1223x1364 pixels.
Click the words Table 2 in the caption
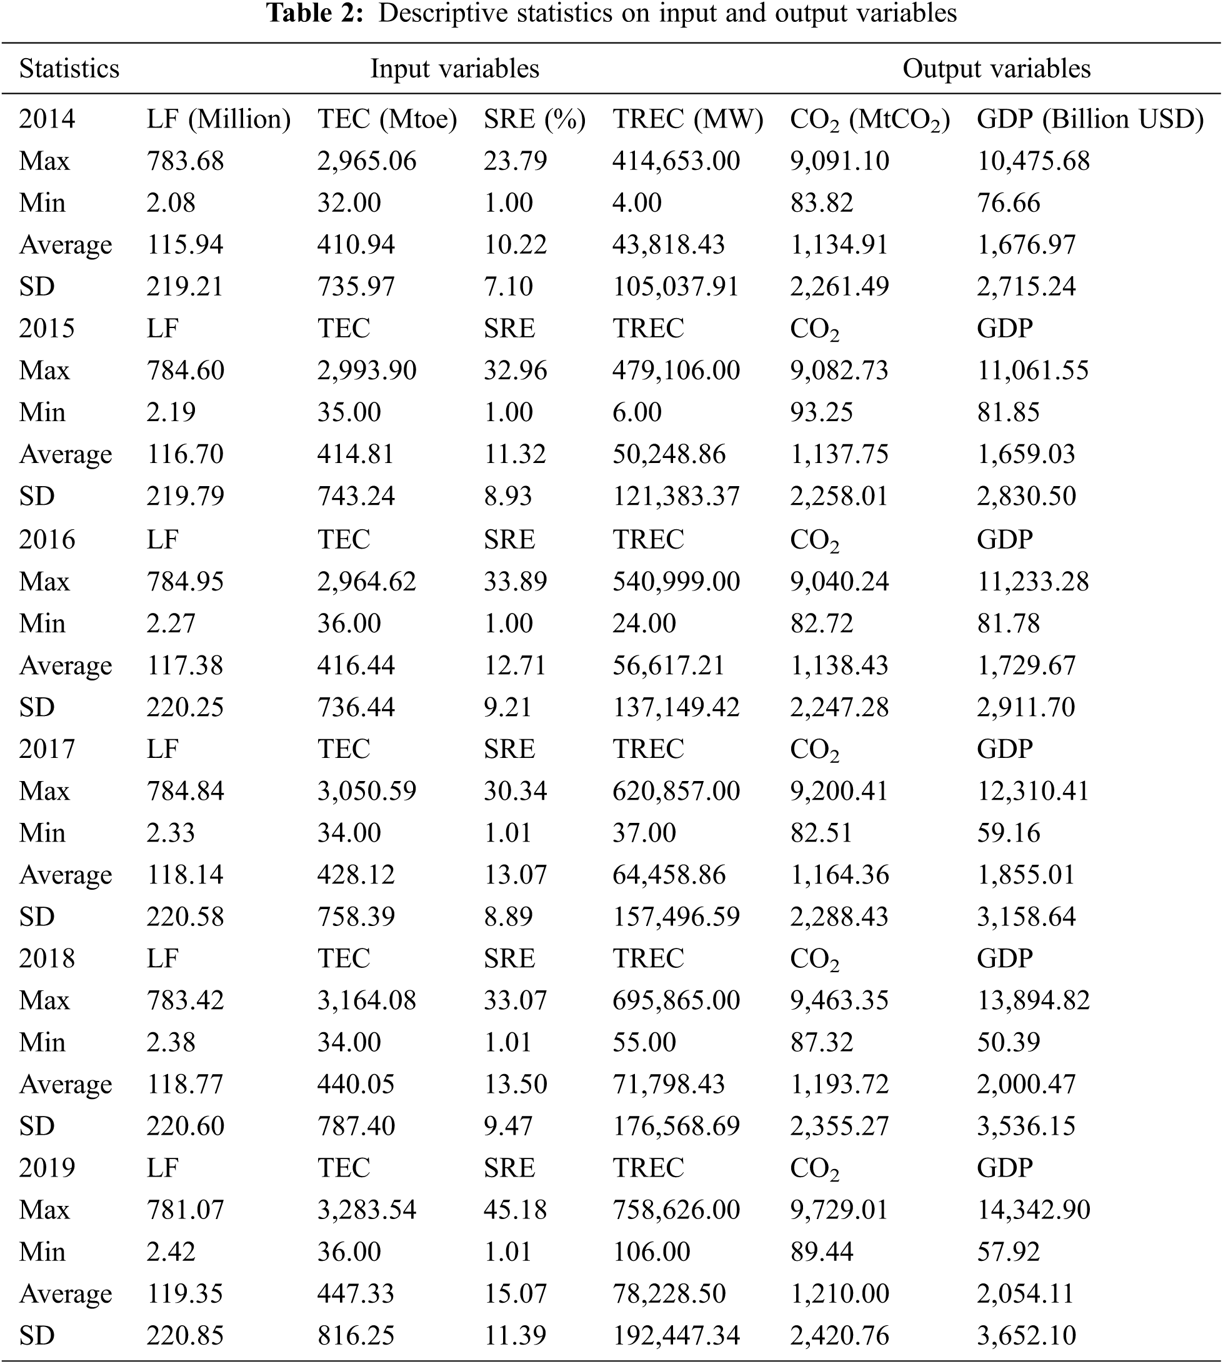[315, 14]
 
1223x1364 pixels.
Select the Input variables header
[454, 69]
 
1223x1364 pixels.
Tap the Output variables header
[996, 69]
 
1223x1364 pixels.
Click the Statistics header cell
[69, 69]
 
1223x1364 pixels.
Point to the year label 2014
[46, 119]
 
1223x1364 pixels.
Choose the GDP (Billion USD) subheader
[1089, 119]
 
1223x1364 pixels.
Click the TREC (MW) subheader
[687, 119]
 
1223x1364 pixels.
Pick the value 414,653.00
[676, 161]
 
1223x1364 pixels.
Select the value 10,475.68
[1033, 161]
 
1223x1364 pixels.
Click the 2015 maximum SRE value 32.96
[516, 371]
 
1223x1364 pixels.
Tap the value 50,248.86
[669, 454]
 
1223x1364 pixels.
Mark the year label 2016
[46, 540]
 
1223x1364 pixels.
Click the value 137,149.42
[676, 707]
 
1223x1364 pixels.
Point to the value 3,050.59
[366, 791]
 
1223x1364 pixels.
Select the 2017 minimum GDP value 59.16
[1008, 832]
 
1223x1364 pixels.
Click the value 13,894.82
[1033, 1000]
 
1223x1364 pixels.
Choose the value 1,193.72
[839, 1084]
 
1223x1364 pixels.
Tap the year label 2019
[46, 1168]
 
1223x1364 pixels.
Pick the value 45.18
[516, 1210]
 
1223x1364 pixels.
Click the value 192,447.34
[676, 1335]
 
